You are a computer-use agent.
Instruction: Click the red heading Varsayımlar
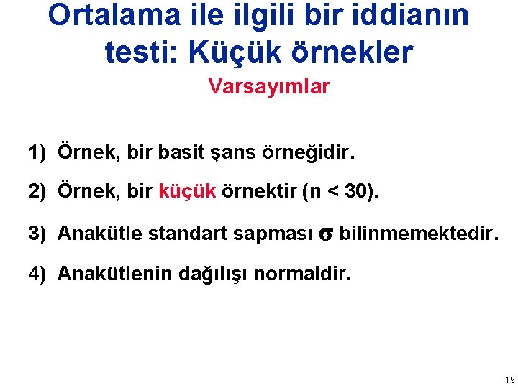tap(269, 87)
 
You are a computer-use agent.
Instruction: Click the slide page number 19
tap(509, 379)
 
